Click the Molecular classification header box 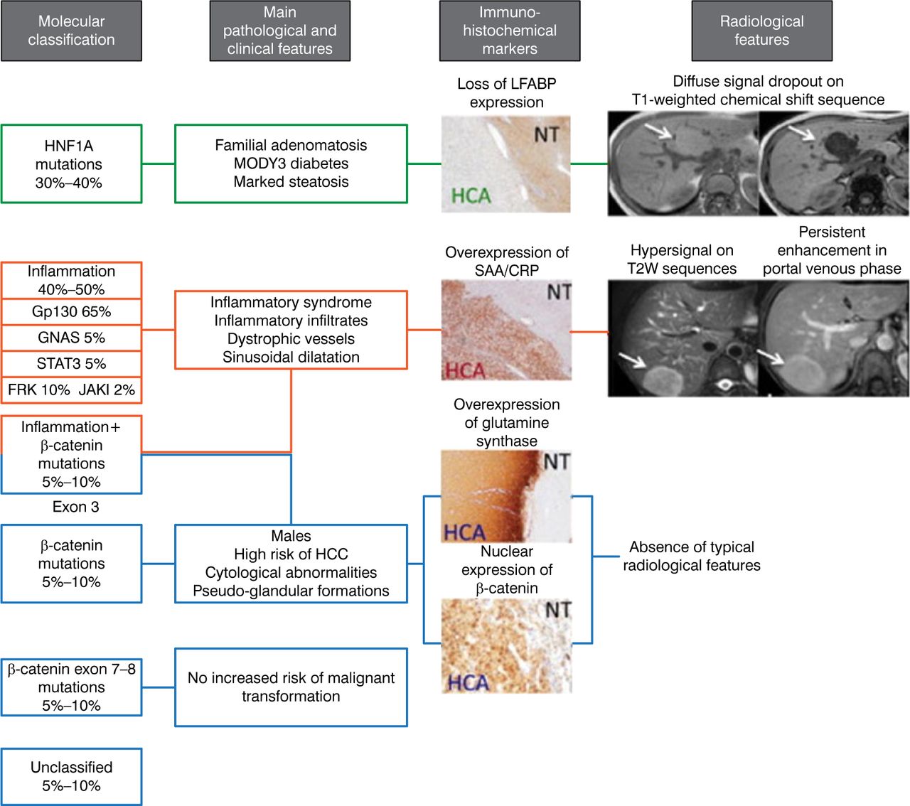pyautogui.click(x=71, y=31)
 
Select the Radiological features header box pyautogui.click(x=761, y=31)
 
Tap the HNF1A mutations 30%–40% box pyautogui.click(x=71, y=164)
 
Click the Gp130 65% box pyautogui.click(x=71, y=311)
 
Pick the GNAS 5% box pyautogui.click(x=71, y=338)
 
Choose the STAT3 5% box pyautogui.click(x=71, y=364)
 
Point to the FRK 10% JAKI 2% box pyautogui.click(x=71, y=389)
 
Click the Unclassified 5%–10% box pyautogui.click(x=71, y=776)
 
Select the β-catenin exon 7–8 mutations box pyautogui.click(x=71, y=687)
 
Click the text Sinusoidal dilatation pyautogui.click(x=291, y=357)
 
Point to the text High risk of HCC pyautogui.click(x=291, y=554)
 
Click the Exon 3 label pyautogui.click(x=75, y=507)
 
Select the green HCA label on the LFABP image pyautogui.click(x=471, y=195)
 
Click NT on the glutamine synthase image pyautogui.click(x=556, y=462)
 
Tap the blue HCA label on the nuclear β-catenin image pyautogui.click(x=468, y=683)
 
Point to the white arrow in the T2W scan pyautogui.click(x=631, y=360)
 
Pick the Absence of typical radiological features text pyautogui.click(x=692, y=557)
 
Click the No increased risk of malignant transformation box pyautogui.click(x=291, y=687)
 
